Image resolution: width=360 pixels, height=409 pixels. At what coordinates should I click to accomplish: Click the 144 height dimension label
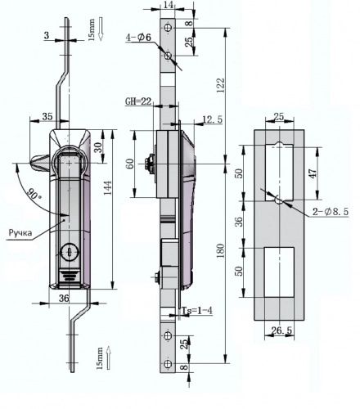pyautogui.click(x=108, y=187)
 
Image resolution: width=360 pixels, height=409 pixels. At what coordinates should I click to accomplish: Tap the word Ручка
pyautogui.click(x=20, y=232)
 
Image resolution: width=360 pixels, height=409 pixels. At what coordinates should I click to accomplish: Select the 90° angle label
pyautogui.click(x=34, y=193)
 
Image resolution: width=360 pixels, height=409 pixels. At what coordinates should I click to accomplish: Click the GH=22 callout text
pyautogui.click(x=138, y=101)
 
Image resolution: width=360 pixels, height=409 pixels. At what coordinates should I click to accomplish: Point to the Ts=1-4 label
pyautogui.click(x=197, y=311)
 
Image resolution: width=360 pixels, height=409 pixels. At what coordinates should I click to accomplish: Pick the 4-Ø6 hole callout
pyautogui.click(x=138, y=38)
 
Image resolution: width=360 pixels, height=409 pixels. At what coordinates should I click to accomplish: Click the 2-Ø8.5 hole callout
pyautogui.click(x=331, y=211)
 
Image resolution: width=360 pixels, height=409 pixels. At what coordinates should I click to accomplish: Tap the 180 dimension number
pyautogui.click(x=221, y=250)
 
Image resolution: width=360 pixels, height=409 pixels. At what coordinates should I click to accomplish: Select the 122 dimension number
pyautogui.click(x=221, y=85)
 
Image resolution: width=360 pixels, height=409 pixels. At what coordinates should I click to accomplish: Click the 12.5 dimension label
pyautogui.click(x=213, y=119)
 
